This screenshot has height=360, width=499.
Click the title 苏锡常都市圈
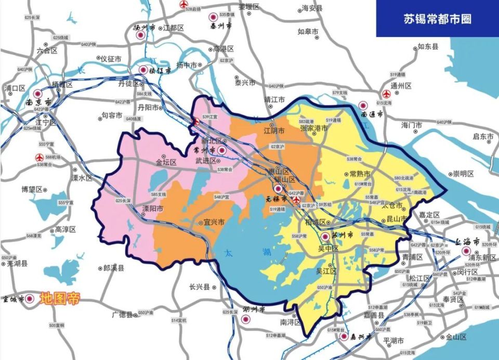coord(437,19)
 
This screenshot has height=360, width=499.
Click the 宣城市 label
coord(14,300)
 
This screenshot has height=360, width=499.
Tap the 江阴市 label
coord(274,130)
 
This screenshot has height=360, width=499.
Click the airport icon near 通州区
coord(386,95)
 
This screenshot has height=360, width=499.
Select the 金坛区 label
coord(166,162)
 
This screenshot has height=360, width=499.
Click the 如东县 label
coord(427,47)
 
